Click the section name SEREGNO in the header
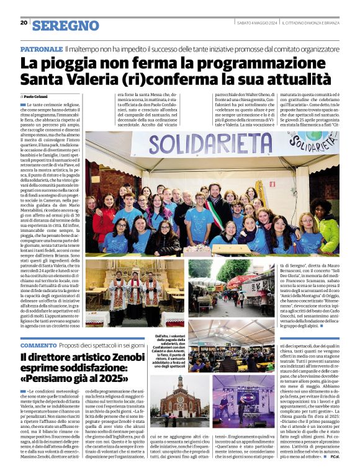[65, 25]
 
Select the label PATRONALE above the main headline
[40, 48]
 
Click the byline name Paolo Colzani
[37, 97]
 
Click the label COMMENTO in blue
[38, 345]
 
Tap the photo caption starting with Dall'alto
[169, 350]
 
